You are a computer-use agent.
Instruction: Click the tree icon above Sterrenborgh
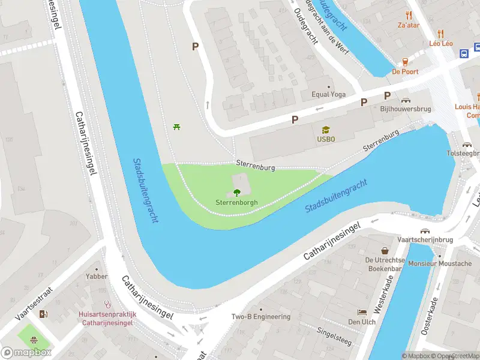(x=236, y=193)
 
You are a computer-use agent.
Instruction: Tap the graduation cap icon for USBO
(x=326, y=129)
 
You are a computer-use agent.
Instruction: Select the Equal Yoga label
(x=328, y=95)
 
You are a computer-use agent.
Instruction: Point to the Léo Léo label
(x=440, y=43)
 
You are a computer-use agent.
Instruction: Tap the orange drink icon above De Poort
(x=405, y=62)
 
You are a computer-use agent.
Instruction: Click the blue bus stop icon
(x=464, y=53)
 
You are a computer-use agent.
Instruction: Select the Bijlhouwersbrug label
(x=406, y=109)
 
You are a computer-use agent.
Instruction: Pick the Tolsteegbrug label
(x=464, y=154)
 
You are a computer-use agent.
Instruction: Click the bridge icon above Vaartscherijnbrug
(x=425, y=230)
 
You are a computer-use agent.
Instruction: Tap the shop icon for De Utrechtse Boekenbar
(x=385, y=250)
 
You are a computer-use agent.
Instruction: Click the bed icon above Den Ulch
(x=362, y=312)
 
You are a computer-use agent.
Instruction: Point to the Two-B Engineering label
(x=261, y=317)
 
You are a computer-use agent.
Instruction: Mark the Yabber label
(x=97, y=277)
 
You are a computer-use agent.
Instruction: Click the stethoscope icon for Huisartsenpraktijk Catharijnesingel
(x=107, y=304)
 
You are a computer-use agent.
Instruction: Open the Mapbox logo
(x=26, y=353)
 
